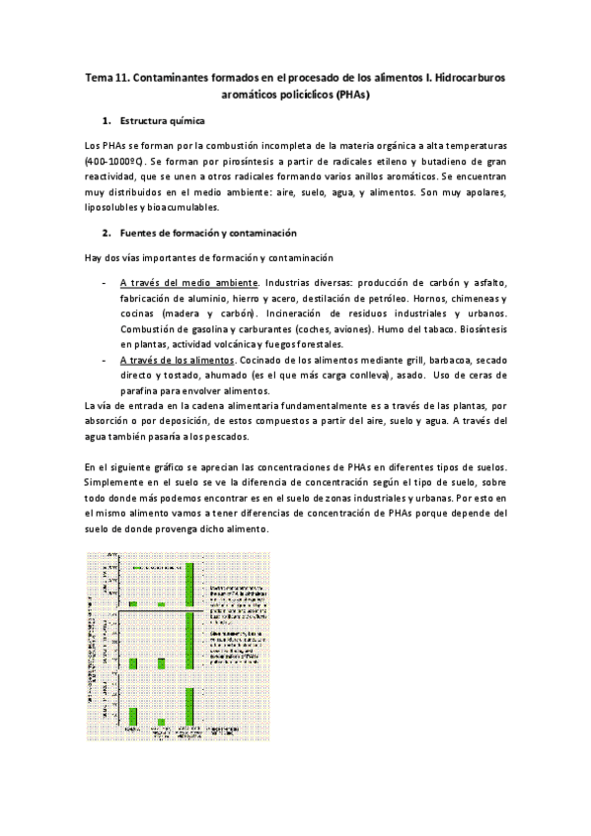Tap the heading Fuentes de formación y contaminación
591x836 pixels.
pyautogui.click(x=200, y=233)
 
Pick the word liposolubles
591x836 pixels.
pyautogui.click(x=111, y=208)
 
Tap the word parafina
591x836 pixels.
pyautogui.click(x=143, y=391)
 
